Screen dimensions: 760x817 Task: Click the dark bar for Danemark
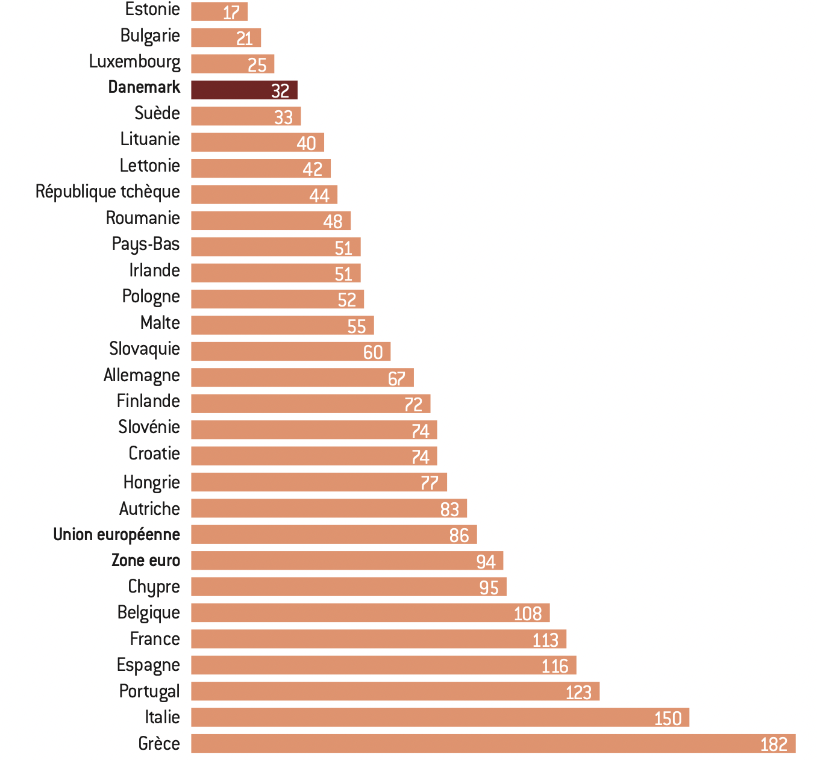(x=244, y=90)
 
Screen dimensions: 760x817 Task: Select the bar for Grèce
(x=493, y=743)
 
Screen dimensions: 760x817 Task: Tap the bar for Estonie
(x=219, y=11)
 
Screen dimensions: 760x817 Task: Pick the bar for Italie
(x=440, y=717)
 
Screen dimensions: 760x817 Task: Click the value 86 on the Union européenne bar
(x=459, y=535)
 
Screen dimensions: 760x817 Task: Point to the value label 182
(x=774, y=744)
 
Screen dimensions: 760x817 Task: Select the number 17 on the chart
(x=231, y=12)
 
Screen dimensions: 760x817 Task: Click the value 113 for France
(x=545, y=640)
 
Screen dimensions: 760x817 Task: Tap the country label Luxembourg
(x=134, y=61)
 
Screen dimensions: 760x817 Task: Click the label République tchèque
(x=108, y=192)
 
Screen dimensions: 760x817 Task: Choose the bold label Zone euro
(x=146, y=561)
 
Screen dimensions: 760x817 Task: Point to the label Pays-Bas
(x=146, y=244)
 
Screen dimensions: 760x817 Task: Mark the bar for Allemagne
(x=302, y=378)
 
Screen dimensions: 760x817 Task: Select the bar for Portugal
(x=395, y=691)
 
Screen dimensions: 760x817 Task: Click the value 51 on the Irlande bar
(x=343, y=274)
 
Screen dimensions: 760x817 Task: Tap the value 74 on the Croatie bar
(x=421, y=456)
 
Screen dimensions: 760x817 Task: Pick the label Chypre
(x=154, y=587)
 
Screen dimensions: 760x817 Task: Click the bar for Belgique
(x=370, y=613)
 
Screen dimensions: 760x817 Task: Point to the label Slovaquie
(x=145, y=349)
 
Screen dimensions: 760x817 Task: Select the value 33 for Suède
(x=283, y=117)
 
